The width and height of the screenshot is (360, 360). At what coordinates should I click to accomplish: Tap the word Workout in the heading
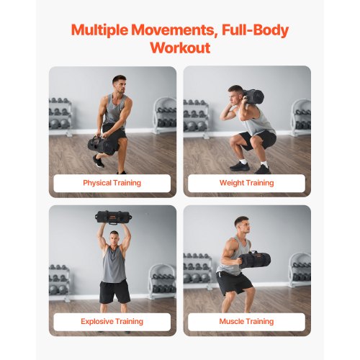click(x=180, y=48)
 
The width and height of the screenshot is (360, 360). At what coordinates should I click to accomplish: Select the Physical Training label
click(x=112, y=183)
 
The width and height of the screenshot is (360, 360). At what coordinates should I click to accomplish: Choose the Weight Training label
click(x=247, y=183)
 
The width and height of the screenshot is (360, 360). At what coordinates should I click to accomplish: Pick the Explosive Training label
click(x=112, y=321)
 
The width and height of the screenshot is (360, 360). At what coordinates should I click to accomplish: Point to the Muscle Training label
click(x=247, y=321)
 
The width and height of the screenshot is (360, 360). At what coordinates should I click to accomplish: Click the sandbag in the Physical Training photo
click(x=102, y=145)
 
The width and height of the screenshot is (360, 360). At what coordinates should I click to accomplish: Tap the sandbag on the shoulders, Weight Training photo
click(x=253, y=97)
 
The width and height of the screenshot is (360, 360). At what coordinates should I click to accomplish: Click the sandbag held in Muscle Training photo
click(x=253, y=259)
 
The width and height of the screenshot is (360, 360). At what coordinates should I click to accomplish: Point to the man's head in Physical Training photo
click(x=119, y=83)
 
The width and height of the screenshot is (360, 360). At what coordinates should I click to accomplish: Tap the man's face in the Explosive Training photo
click(x=114, y=238)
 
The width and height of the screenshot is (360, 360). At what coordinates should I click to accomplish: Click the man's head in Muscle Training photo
click(x=241, y=224)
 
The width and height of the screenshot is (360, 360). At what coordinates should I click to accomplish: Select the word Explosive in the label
click(x=97, y=321)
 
